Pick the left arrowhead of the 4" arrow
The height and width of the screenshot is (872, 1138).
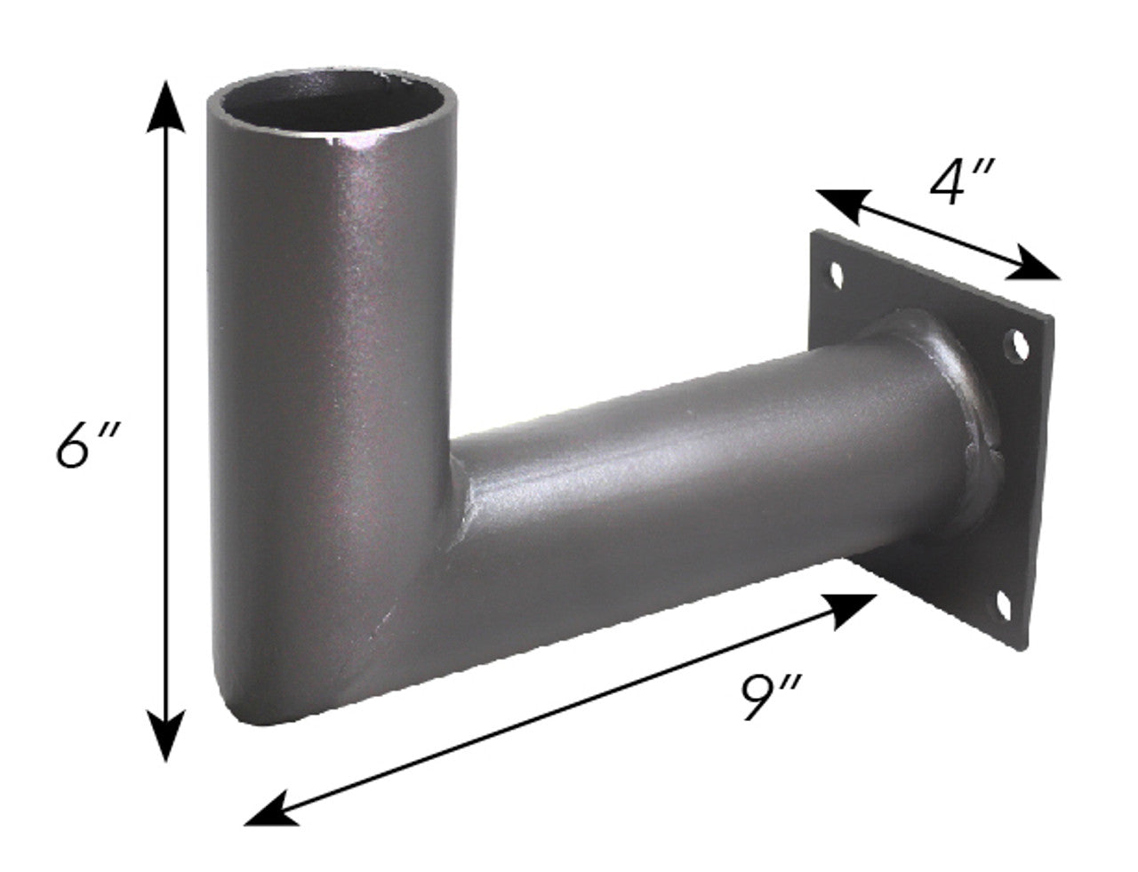click(x=838, y=203)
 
